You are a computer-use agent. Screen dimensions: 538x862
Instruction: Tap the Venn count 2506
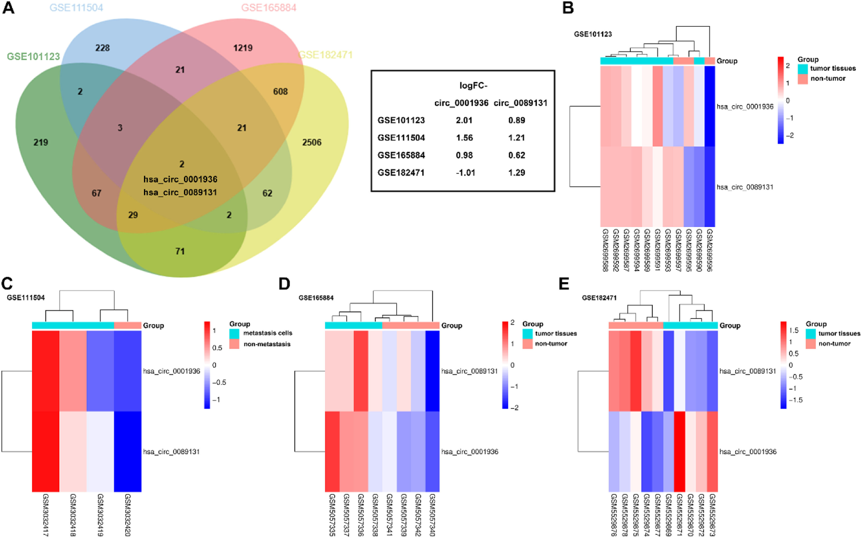tap(312, 142)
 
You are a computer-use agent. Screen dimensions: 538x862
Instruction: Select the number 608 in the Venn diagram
tap(280, 91)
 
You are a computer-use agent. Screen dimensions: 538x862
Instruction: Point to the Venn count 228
tap(102, 48)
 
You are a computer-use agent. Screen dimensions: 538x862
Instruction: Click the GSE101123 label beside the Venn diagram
tap(33, 56)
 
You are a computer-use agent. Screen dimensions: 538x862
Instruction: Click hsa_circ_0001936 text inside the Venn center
tap(180, 179)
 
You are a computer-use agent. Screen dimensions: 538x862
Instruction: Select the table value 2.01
tap(464, 120)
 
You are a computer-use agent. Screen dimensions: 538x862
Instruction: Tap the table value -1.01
tap(465, 173)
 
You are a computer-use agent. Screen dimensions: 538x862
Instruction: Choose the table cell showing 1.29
tap(516, 173)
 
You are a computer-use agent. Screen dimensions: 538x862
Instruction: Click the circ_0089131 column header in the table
tap(520, 103)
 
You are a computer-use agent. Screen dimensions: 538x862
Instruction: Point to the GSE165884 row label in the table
tap(401, 155)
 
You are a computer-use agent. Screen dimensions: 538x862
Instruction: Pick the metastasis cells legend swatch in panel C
tap(234, 333)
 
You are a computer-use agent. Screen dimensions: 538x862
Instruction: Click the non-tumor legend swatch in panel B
tap(803, 79)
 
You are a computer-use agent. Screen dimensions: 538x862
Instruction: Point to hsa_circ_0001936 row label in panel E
tap(748, 452)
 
